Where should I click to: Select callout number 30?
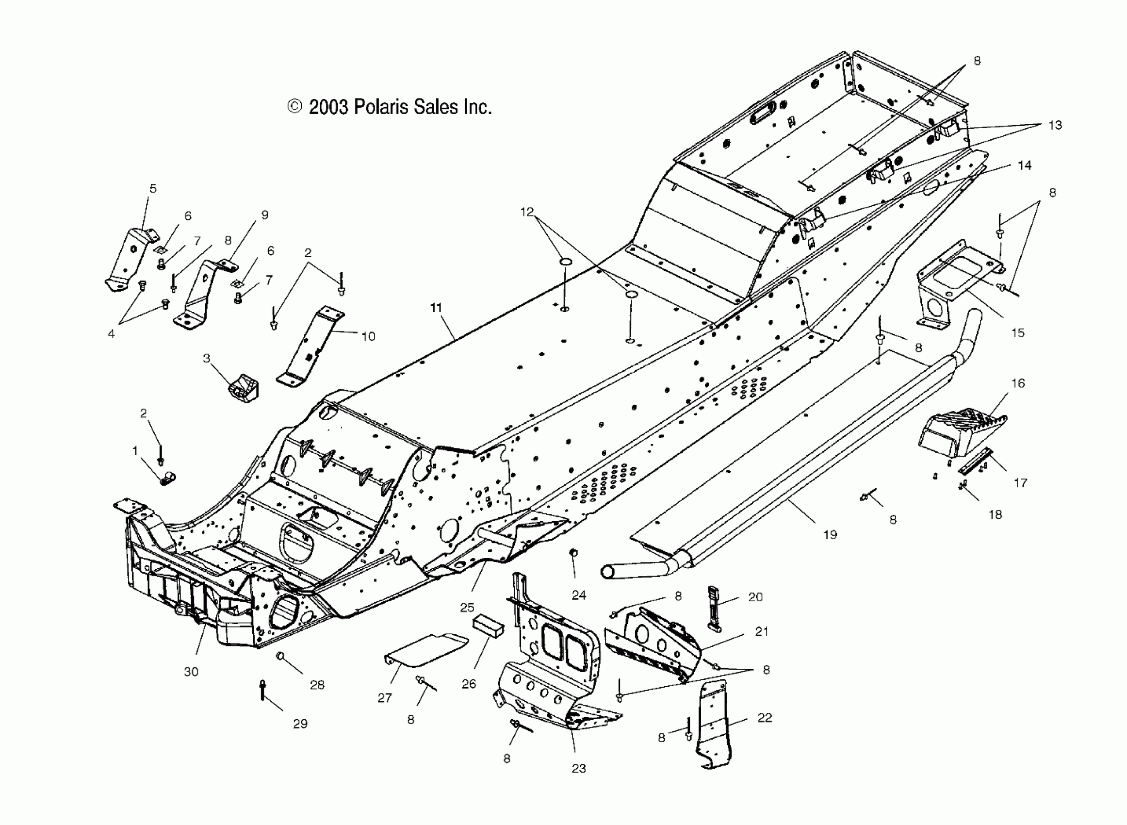tap(191, 672)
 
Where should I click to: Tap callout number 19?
tap(830, 535)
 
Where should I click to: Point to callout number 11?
tap(436, 308)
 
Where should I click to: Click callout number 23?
tap(578, 768)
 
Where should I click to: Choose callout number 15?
tap(1018, 332)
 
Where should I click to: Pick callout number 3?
tap(206, 358)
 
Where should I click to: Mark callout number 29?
tap(300, 724)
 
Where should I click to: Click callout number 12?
tap(526, 212)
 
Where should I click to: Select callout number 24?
tap(578, 595)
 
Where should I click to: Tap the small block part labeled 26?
tap(488, 627)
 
